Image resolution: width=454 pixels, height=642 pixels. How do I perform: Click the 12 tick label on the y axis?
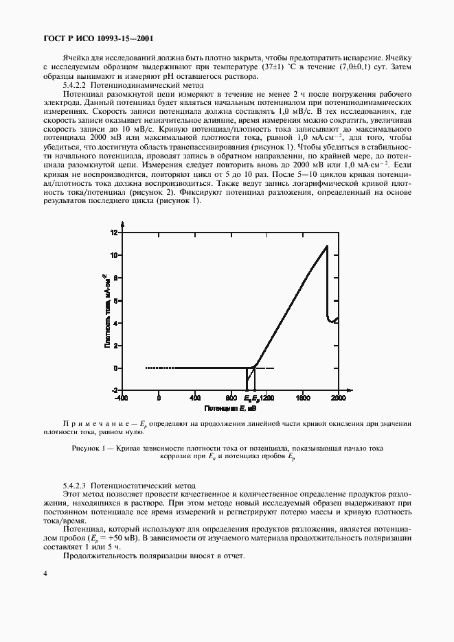[x=115, y=233]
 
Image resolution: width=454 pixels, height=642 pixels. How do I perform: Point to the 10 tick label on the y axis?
[x=115, y=255]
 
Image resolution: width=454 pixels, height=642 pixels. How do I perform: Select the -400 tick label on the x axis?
[x=121, y=398]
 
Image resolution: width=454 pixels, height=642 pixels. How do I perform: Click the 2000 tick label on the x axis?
[x=338, y=398]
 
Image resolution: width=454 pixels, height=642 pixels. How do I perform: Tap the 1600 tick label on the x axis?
[x=302, y=398]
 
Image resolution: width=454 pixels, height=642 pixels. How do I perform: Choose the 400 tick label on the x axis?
[x=194, y=398]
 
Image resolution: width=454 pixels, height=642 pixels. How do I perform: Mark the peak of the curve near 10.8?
[x=327, y=246]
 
